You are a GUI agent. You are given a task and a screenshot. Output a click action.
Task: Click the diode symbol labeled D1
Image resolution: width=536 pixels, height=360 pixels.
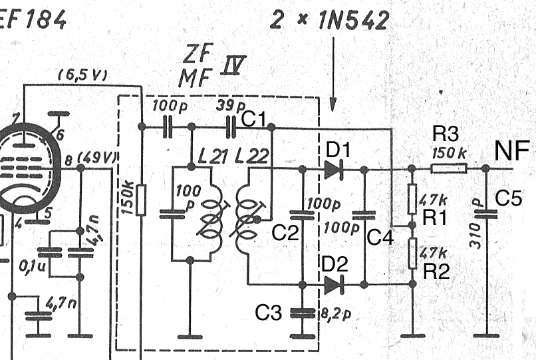pos(333,169)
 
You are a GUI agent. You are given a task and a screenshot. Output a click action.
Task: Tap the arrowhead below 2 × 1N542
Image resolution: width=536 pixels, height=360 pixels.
pos(333,106)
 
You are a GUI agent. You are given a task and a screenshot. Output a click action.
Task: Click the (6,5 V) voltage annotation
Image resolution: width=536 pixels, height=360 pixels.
pos(82,75)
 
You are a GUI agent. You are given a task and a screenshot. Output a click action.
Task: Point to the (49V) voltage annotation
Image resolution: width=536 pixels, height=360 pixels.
pos(97,158)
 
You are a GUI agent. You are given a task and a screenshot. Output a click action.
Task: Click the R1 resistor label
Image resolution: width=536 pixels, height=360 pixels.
pos(436,217)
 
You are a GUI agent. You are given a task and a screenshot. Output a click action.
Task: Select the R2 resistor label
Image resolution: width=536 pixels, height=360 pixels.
pos(436,270)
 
